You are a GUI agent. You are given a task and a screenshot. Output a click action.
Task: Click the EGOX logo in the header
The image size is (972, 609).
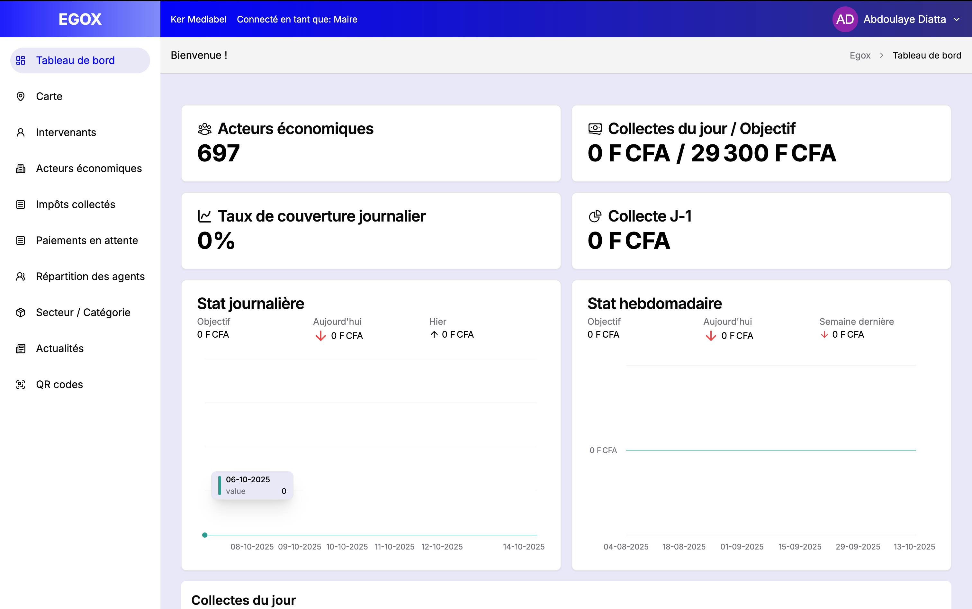(x=80, y=19)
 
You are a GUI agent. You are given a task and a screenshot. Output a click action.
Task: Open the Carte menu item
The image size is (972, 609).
(x=49, y=96)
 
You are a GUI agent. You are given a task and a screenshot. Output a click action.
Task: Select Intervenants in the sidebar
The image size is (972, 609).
(x=66, y=132)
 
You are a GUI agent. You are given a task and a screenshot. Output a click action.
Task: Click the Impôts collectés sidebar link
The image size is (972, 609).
(x=75, y=204)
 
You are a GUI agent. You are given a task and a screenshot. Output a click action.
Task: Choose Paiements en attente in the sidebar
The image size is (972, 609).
(x=86, y=241)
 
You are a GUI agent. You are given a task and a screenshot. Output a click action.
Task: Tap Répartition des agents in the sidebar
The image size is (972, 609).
(x=90, y=276)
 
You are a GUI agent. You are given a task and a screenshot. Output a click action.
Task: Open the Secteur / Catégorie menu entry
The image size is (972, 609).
(x=83, y=312)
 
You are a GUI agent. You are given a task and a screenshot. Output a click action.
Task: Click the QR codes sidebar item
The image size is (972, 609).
(x=59, y=384)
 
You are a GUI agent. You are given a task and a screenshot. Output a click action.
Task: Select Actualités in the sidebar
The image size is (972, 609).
(x=59, y=349)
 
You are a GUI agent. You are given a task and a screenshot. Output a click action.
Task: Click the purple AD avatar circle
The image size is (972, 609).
(x=844, y=19)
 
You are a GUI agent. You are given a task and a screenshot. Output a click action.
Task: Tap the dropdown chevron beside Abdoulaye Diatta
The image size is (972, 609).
(x=956, y=19)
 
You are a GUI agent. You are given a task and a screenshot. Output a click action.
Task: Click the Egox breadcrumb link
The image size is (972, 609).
(x=860, y=55)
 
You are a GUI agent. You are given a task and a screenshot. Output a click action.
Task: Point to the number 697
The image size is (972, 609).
(x=218, y=153)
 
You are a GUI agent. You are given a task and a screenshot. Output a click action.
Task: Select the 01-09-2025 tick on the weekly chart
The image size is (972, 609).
(x=742, y=547)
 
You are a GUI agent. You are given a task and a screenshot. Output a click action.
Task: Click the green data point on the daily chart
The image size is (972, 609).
(x=204, y=535)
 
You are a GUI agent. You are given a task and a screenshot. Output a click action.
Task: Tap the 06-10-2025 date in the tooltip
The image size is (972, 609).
(x=248, y=479)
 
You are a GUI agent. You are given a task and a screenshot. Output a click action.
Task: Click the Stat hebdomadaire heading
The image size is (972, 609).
(x=654, y=303)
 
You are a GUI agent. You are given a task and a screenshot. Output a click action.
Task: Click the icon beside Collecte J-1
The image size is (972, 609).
(x=595, y=216)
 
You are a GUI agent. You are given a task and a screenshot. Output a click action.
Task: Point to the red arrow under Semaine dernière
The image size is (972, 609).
(x=824, y=335)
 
